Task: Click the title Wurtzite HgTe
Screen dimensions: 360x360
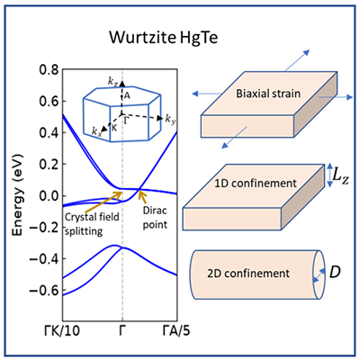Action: coord(163,38)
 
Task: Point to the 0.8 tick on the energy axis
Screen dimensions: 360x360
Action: coord(49,70)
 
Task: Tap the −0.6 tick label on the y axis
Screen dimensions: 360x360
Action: coord(45,291)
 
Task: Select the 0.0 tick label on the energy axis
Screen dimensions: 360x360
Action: coord(49,196)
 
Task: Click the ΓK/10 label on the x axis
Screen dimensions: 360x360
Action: coord(62,331)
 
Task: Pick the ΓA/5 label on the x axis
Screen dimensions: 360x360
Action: coord(176,331)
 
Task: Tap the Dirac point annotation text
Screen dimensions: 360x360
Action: coord(155,218)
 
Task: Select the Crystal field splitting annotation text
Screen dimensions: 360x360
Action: coord(92,224)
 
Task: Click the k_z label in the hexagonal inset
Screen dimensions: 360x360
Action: coord(113,81)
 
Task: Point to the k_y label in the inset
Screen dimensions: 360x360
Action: coord(170,119)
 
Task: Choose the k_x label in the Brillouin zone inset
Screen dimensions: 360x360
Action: coord(97,131)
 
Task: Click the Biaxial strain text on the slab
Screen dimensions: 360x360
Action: coord(268,94)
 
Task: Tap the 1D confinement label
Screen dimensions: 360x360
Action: coord(256,184)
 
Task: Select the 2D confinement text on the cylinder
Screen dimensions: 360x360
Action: coord(248,274)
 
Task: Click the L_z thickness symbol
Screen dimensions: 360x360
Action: coord(341,176)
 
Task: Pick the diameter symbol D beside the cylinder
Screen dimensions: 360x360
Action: coord(335,272)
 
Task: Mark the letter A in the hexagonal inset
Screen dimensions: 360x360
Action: coord(127,95)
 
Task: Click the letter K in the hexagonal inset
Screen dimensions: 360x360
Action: coord(114,127)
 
